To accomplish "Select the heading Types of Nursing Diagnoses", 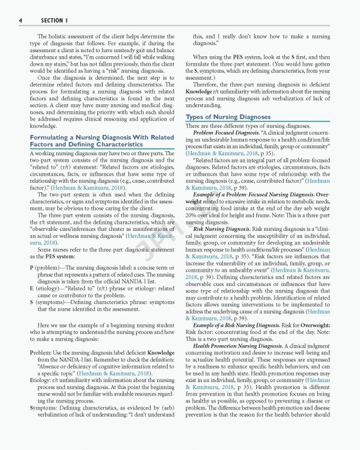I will (227, 117).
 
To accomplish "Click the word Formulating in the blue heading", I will (52, 137).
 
